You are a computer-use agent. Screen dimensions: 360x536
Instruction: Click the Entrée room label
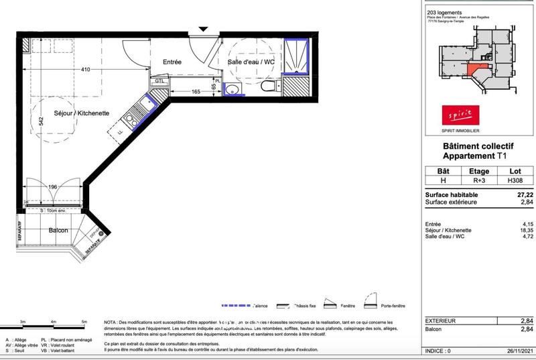click(173, 62)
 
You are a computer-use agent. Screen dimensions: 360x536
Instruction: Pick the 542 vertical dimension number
click(41, 123)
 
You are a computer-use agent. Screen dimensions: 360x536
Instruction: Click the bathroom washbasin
click(231, 90)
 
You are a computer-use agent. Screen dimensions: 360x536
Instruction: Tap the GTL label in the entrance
click(159, 81)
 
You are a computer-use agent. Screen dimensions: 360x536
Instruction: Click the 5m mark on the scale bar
click(84, 322)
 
